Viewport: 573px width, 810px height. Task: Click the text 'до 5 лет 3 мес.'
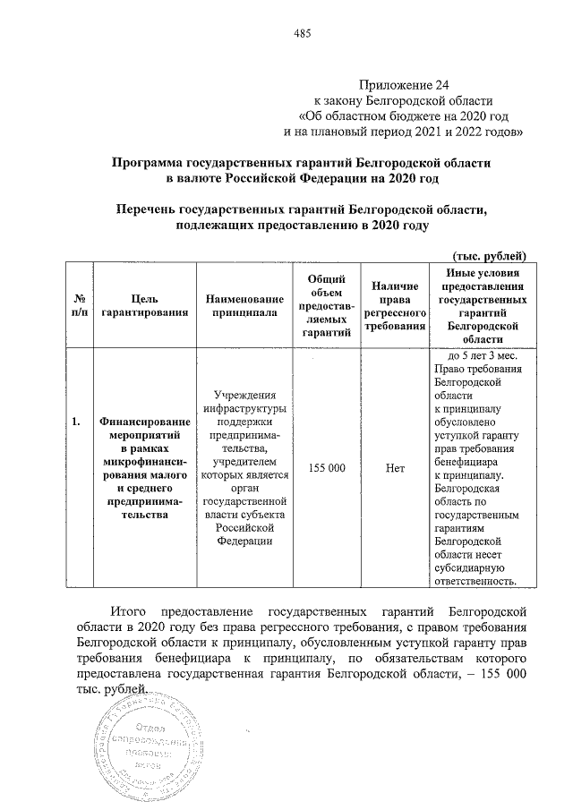(x=475, y=356)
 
